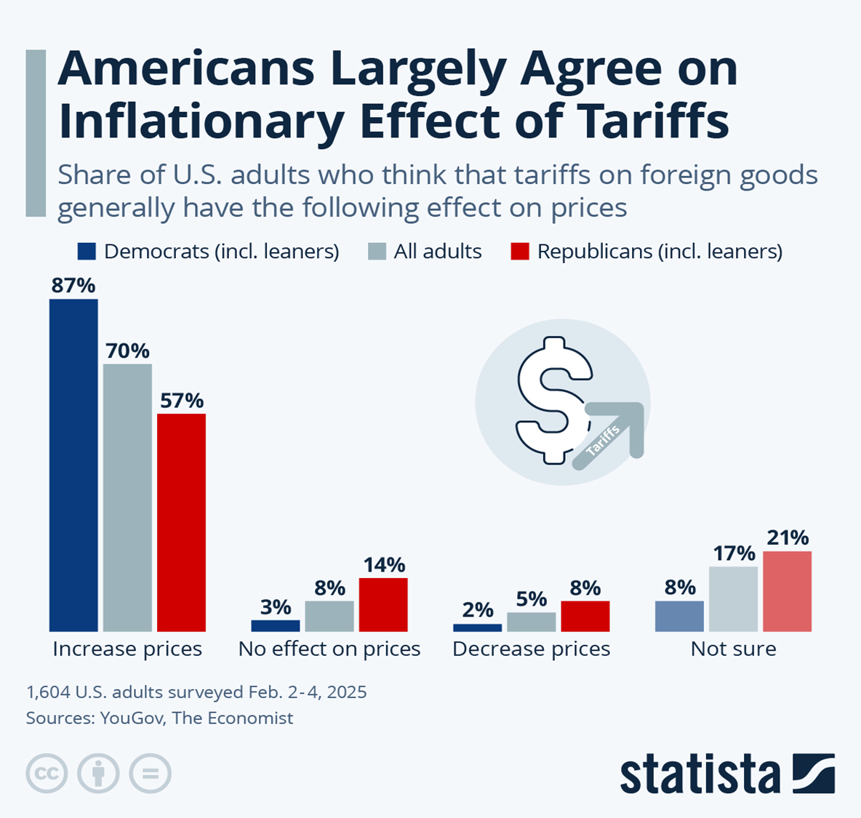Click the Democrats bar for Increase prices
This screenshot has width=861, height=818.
73,465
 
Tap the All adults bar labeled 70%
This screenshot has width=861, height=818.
127,497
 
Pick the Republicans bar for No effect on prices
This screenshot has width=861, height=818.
383,604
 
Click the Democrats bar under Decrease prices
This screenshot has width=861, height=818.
477,627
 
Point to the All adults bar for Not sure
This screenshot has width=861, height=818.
733,599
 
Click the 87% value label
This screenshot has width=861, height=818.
73,286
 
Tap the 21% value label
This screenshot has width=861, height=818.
787,537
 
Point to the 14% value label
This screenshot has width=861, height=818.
384,564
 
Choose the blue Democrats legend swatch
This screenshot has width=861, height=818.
87,252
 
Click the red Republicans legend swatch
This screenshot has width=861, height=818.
520,252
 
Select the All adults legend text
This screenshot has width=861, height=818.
438,252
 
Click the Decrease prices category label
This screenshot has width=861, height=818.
531,649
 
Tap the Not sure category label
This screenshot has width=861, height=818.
733,649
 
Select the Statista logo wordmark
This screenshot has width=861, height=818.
700,775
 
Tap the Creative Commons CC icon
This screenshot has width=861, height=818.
47,773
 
